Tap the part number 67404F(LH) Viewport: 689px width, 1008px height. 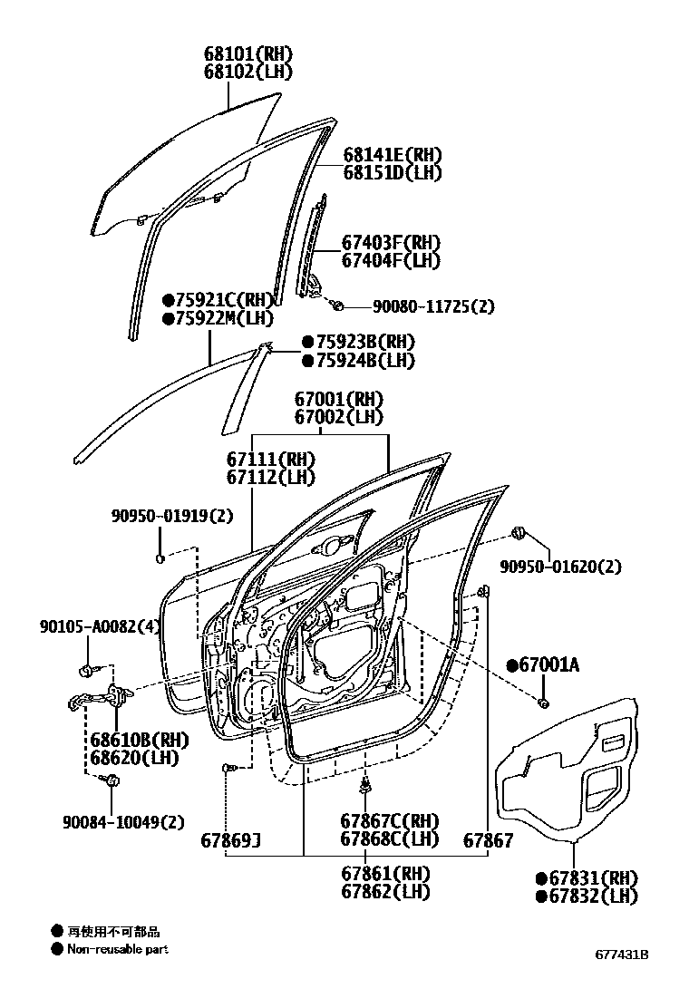click(391, 260)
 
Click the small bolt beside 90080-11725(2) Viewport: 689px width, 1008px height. click(335, 304)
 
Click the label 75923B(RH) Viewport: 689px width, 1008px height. click(364, 343)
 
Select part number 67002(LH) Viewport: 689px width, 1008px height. click(338, 417)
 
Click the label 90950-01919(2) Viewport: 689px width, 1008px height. click(172, 517)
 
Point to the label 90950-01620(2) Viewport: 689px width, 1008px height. click(561, 567)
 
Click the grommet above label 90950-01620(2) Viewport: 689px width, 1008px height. click(520, 531)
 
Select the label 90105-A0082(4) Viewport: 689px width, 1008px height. click(100, 625)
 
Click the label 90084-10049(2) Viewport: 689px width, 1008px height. click(123, 822)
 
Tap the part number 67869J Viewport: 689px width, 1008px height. click(230, 840)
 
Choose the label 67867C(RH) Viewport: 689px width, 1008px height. click(389, 821)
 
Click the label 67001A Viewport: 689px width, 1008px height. click(548, 665)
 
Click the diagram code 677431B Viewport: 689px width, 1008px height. click(622, 955)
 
